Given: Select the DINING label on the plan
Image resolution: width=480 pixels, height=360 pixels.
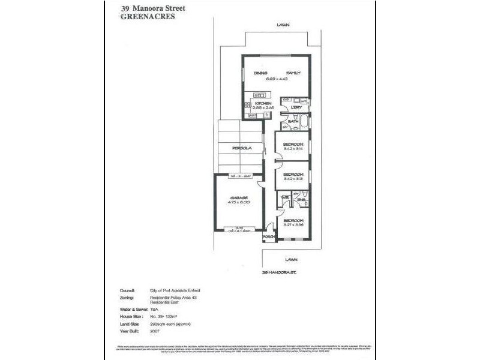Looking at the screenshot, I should click(260, 73).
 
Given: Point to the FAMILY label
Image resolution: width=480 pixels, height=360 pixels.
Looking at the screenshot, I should click(293, 73).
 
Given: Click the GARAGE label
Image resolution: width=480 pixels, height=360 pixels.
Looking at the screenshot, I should click(238, 197).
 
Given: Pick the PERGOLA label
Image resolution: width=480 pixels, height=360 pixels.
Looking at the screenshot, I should click(241, 148).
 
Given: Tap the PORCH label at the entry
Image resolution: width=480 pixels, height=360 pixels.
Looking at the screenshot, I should click(268, 236).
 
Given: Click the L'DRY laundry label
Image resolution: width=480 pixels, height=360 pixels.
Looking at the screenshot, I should click(295, 108).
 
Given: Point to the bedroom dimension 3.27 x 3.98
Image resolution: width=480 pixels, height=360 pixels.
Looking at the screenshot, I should click(294, 224).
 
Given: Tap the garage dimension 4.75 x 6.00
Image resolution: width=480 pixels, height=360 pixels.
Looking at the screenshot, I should click(238, 202).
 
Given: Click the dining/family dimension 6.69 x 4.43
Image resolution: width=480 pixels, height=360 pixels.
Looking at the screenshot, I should click(276, 78).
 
